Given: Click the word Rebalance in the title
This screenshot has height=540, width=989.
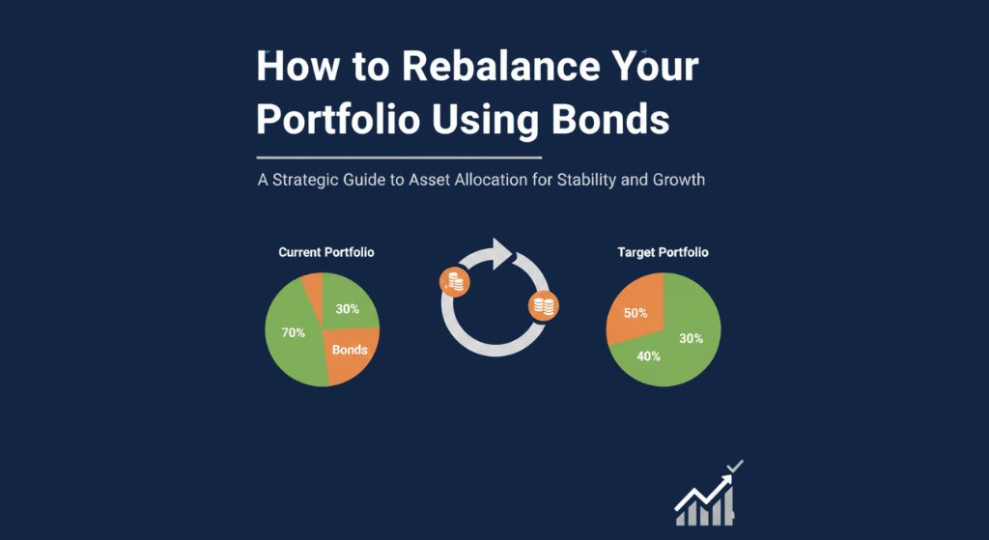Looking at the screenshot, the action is [501, 66].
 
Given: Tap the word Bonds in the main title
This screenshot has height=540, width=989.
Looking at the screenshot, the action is [610, 119].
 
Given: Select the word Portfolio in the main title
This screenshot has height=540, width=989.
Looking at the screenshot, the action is [338, 119].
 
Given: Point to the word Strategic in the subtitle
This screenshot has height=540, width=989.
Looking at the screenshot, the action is [305, 180].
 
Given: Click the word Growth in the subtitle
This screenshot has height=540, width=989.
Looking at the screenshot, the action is [679, 180].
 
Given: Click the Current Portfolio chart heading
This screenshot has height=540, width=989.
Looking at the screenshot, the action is [326, 252].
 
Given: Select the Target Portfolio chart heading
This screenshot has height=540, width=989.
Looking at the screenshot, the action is [663, 252].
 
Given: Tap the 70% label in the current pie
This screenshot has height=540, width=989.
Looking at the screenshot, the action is [294, 332].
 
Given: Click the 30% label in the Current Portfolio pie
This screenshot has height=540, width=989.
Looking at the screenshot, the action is [348, 309].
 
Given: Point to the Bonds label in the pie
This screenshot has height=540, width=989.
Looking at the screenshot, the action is [350, 350].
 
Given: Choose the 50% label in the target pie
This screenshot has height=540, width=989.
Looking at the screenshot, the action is [636, 313].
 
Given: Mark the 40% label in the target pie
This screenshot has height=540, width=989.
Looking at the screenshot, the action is [648, 356].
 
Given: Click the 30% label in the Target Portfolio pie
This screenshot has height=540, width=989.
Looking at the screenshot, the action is [692, 339].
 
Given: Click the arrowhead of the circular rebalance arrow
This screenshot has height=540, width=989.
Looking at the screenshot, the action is [502, 254].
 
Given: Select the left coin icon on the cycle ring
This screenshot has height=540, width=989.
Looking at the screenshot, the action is [455, 282].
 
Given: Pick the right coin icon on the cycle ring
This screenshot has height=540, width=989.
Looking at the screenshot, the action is [544, 306].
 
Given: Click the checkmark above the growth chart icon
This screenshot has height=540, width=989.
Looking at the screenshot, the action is [735, 467].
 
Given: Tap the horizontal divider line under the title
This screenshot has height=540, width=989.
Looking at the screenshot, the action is [399, 157].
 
